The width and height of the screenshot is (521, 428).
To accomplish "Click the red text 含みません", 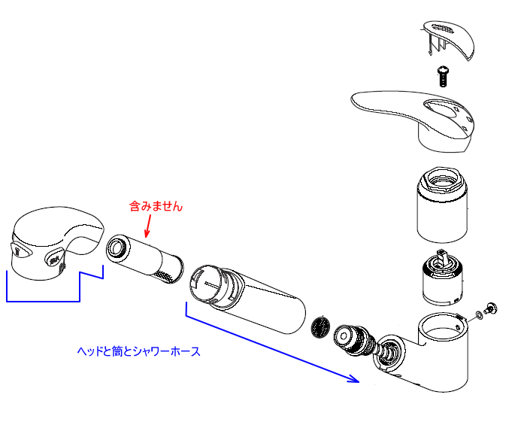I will (156, 205).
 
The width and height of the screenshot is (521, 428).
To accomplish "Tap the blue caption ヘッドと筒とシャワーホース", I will (139, 351).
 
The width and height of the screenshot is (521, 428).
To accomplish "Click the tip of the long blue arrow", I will (356, 381).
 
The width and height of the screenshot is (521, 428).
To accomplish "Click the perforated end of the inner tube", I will (172, 270).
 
